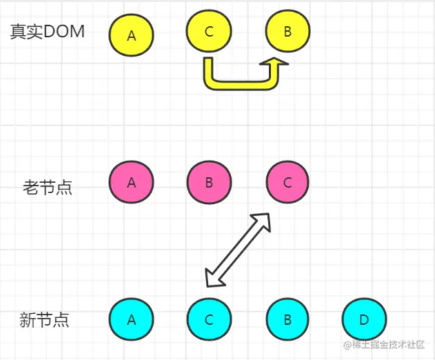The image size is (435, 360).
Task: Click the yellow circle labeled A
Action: tap(132, 34)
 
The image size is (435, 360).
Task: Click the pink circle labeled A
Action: tap(132, 183)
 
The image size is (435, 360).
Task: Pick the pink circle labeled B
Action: tap(209, 183)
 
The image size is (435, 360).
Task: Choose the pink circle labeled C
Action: tap(288, 183)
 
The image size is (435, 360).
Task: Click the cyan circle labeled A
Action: tap(132, 319)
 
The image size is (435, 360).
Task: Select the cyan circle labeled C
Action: tap(209, 319)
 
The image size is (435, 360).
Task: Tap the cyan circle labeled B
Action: tap(288, 319)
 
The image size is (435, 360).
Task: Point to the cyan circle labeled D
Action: tap(364, 319)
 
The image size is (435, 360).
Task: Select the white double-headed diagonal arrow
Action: tap(239, 250)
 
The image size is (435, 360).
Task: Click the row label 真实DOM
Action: tap(48, 32)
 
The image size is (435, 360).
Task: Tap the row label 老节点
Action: tap(48, 187)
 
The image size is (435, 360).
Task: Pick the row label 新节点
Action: tap(45, 320)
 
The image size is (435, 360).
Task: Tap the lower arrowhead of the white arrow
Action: tap(213, 279)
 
